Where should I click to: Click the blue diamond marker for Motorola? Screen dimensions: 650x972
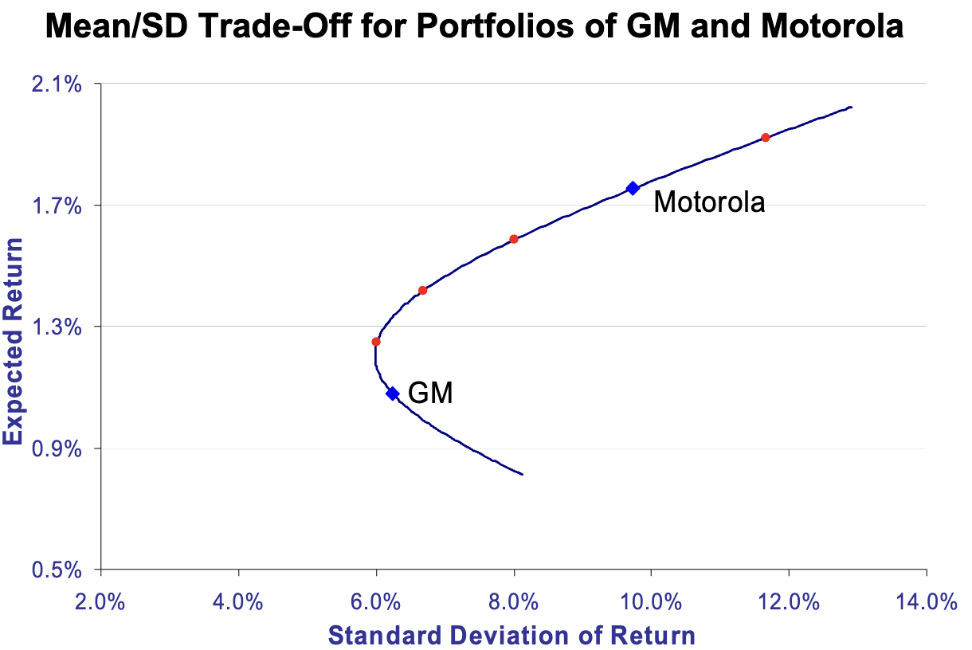point(633,188)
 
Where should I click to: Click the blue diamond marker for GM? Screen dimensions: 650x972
point(392,394)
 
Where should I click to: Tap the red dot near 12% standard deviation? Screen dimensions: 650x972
point(766,138)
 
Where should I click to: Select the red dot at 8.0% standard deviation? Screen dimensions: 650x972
point(514,239)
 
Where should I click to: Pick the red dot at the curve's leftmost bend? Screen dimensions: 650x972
point(376,342)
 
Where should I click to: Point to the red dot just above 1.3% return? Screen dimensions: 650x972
point(423,290)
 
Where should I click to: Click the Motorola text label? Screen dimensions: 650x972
point(709,202)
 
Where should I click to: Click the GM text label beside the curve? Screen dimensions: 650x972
point(430,393)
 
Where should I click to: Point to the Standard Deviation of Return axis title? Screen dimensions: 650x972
point(512,636)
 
